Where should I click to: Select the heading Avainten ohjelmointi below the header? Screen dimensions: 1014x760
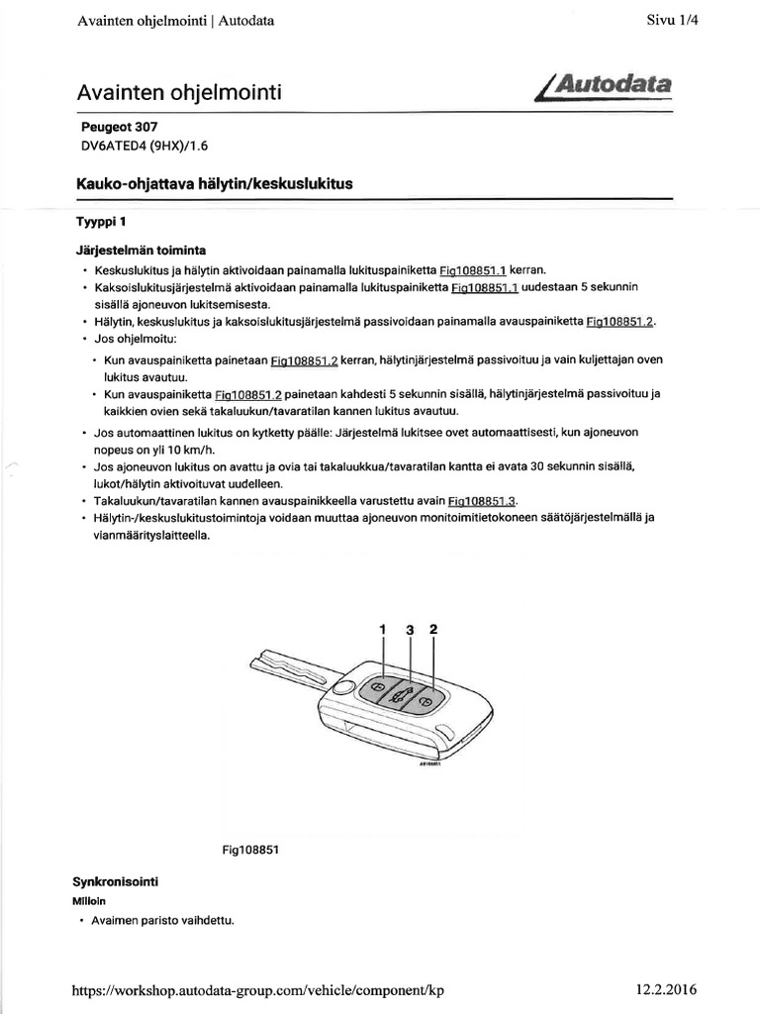pos(179,93)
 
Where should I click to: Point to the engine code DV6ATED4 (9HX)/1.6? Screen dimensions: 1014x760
pos(143,146)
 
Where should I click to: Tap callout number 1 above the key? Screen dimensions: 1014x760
pos(381,629)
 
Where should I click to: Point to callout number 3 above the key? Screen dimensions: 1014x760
pos(408,629)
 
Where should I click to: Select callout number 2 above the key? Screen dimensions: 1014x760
pos(432,629)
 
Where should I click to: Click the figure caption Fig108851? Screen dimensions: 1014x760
pos(252,849)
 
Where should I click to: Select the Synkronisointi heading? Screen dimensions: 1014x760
pos(117,880)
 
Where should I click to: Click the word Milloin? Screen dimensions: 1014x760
pos(89,900)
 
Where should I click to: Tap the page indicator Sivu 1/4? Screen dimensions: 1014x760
pos(674,20)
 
